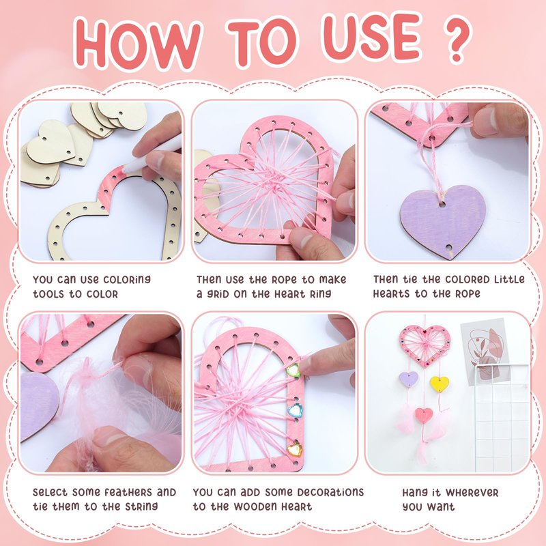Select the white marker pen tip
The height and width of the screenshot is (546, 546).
pos(124,170)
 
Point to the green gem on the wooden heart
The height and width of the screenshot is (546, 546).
pos(293,370)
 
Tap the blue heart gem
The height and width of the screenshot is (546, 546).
pos(295,410)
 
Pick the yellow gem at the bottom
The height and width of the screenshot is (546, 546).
pos(295,448)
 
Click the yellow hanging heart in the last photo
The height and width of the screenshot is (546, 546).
pos(440,384)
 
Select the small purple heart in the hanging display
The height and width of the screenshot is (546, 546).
pos(408,379)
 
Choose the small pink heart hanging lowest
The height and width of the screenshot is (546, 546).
pos(424,415)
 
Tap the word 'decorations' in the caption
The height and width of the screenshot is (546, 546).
pos(330,492)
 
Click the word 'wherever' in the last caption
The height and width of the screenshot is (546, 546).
pos(472,493)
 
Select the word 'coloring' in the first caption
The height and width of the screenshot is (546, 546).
pos(127,280)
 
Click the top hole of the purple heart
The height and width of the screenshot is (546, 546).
pos(442,204)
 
